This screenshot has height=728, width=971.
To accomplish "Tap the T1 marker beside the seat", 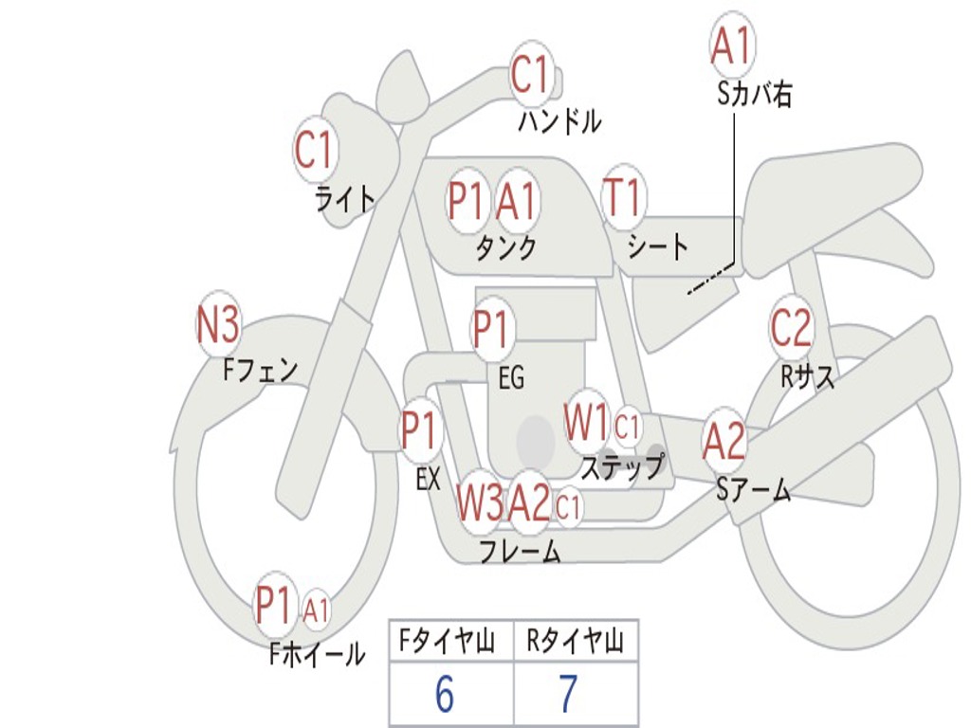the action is point(623,199).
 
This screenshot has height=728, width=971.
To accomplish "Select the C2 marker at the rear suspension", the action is point(791,329).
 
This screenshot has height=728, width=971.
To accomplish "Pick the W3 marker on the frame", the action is point(480,501).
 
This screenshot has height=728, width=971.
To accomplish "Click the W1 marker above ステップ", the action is point(587,424).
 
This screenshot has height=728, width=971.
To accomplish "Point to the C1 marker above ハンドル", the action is point(531,74).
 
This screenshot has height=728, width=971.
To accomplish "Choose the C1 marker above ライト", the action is point(316,149).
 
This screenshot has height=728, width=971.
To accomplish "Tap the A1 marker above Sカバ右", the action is point(732,45).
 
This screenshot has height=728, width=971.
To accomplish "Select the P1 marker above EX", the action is point(420,431).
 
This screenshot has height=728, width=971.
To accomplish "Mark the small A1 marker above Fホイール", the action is point(317,610).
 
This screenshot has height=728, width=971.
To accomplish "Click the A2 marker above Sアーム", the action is point(724,442).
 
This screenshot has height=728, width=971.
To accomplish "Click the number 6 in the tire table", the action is point(444,695).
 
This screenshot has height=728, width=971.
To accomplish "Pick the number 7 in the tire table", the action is point(568,695).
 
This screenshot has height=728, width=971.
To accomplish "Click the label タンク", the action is point(506,248).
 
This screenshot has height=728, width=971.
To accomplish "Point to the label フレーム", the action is point(521,551).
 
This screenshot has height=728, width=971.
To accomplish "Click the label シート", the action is point(658,247).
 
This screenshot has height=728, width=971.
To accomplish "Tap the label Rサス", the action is point(808,376).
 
